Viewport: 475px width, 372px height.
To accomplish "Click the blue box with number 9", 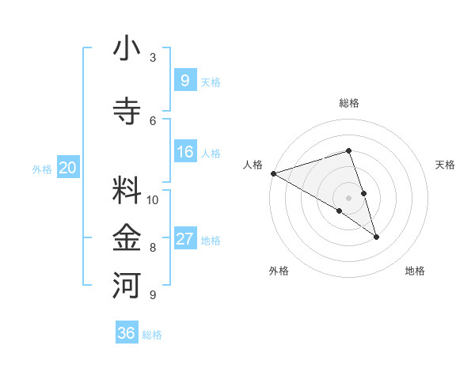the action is [x=184, y=80].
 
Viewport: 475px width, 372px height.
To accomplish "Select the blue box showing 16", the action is [x=184, y=152].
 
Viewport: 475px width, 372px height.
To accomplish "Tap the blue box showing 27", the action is [x=184, y=239].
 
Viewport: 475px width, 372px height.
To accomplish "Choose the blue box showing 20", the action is [x=68, y=167].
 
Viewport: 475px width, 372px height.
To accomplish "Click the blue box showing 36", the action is [x=127, y=332].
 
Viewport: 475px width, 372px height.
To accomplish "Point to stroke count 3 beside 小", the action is [x=153, y=58].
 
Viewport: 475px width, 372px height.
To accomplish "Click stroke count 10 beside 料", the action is [x=153, y=199].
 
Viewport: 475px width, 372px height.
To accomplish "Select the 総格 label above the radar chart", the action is [x=349, y=103].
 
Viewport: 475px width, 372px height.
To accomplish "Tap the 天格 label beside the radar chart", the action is [x=446, y=165].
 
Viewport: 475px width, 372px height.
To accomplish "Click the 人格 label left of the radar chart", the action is [x=253, y=165].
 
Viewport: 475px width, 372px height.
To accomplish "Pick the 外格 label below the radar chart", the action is [x=279, y=271].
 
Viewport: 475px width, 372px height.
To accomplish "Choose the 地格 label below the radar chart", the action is [x=415, y=271].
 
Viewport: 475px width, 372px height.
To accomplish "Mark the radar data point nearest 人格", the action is [x=273, y=173].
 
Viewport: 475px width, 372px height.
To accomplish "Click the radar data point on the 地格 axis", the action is [x=376, y=236].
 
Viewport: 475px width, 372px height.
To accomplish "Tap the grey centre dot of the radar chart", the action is [x=349, y=197].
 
